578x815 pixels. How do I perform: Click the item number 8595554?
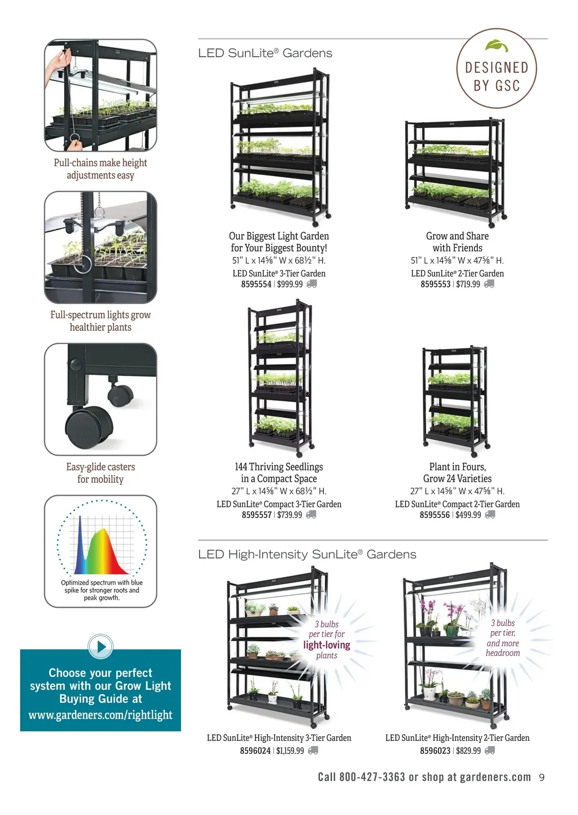(256, 285)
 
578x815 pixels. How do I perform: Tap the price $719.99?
(468, 285)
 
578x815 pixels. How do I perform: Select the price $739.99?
(289, 515)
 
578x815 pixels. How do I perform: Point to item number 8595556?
(434, 515)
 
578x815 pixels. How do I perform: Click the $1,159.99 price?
(290, 750)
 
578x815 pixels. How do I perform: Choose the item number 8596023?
(435, 750)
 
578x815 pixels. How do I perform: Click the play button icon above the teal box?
(101, 647)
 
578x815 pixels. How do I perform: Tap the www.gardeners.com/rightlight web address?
(100, 715)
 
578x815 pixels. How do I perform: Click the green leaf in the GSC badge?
(497, 46)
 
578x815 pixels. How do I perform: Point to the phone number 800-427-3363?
(372, 777)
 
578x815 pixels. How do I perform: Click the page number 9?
(542, 777)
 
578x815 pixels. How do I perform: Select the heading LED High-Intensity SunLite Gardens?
(307, 555)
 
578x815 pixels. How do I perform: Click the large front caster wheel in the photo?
(89, 426)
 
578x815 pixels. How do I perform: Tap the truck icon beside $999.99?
(312, 284)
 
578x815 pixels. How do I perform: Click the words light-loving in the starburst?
(327, 645)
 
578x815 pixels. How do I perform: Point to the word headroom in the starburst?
(503, 653)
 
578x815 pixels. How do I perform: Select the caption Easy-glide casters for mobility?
(100, 473)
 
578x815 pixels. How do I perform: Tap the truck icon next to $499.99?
(490, 515)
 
